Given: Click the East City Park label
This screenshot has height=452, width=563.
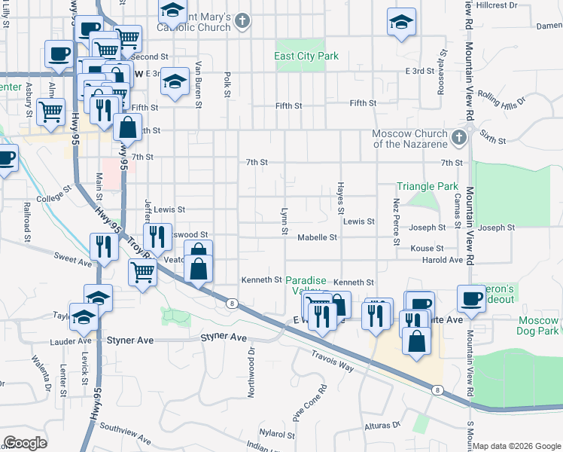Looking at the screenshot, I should [x=306, y=56].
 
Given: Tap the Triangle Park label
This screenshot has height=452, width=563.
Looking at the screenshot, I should [x=428, y=186].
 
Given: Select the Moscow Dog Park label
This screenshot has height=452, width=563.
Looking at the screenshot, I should [x=538, y=325].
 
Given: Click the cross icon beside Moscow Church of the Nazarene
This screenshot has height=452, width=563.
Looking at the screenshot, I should [x=459, y=138].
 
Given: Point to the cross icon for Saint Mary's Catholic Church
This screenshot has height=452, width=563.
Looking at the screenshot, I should [x=242, y=21].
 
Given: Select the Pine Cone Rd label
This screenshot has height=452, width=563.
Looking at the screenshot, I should [x=309, y=405].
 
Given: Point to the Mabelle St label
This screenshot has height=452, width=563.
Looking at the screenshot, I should [x=317, y=237].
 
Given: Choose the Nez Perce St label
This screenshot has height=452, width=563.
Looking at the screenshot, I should [x=396, y=221].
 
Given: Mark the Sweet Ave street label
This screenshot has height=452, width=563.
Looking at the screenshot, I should [x=72, y=259].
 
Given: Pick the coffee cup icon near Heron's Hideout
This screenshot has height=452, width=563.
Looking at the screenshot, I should [x=471, y=298].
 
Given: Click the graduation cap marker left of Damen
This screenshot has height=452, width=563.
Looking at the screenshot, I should [x=401, y=23].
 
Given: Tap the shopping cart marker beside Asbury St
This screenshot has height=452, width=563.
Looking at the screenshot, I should [x=51, y=112].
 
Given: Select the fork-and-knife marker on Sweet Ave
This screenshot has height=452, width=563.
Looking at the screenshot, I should [x=102, y=246].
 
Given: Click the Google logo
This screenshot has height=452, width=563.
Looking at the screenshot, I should [x=25, y=443].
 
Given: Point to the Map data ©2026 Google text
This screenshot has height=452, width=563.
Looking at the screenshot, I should [x=516, y=446].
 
